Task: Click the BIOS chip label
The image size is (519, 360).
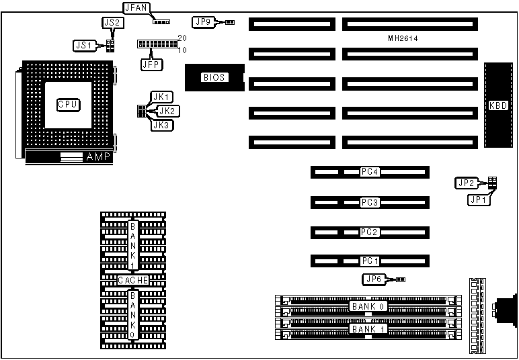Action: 214,77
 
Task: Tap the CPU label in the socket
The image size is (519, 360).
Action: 68,104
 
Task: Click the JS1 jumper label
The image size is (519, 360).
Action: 83,46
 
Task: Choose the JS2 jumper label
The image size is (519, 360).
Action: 112,22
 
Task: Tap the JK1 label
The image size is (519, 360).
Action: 163,97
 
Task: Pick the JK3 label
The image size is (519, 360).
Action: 163,125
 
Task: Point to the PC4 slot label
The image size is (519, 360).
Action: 370,173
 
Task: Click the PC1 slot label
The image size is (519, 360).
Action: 370,261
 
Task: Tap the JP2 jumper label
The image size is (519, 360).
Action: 466,183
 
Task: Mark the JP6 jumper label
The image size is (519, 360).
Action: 372,279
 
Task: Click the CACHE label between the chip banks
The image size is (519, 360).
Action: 132,280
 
